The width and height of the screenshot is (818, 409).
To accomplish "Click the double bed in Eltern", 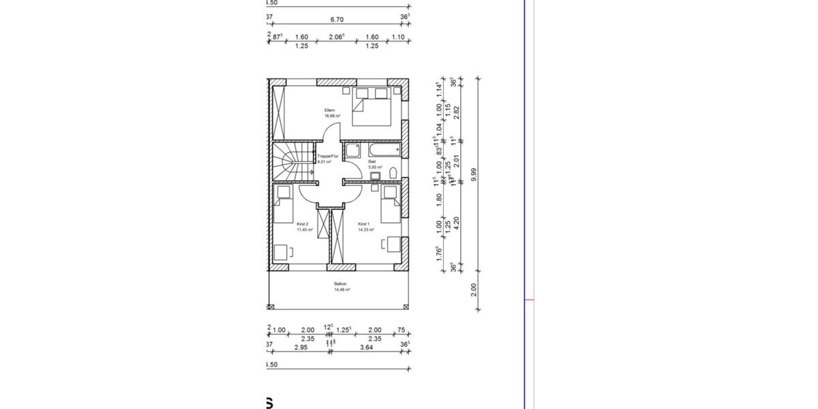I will click(371, 109).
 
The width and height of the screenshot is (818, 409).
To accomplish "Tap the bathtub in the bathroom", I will click(383, 149).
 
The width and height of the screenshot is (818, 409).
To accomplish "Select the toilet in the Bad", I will click(392, 177).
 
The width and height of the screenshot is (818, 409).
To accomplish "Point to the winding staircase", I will click(293, 164).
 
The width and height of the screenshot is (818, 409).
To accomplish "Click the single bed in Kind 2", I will click(282, 203).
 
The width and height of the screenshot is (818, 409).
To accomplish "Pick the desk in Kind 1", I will click(393, 244).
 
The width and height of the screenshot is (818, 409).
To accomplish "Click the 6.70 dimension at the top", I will click(336, 20).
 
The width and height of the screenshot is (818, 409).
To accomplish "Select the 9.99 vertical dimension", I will click(474, 175).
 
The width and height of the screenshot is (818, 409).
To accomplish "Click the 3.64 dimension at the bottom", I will click(366, 347).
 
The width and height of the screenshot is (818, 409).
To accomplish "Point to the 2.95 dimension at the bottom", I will click(300, 347).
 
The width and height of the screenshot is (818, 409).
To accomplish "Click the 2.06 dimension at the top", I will click(335, 37).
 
